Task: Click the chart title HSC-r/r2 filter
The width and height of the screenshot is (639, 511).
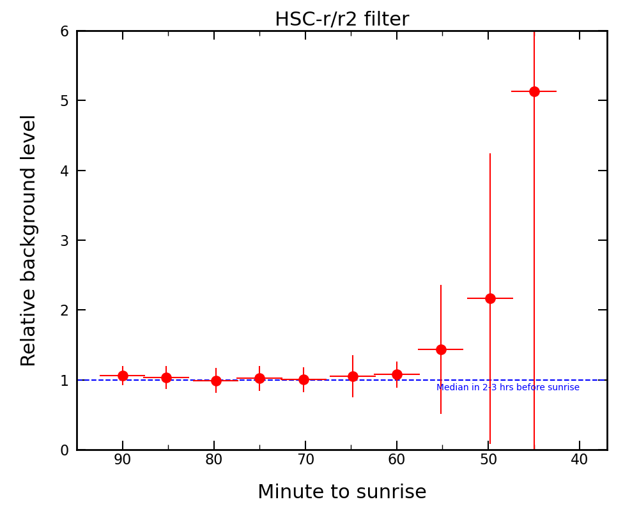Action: click(342, 20)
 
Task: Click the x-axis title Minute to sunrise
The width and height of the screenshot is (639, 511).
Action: click(342, 492)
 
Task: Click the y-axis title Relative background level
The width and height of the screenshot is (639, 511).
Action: click(29, 240)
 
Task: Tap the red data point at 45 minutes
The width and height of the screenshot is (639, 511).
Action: click(534, 91)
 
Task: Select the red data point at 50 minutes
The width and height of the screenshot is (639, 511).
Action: click(490, 298)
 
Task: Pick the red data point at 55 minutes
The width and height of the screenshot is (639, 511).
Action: click(441, 349)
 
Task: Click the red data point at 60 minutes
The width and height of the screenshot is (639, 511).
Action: click(397, 374)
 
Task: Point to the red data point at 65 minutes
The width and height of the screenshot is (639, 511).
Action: click(353, 376)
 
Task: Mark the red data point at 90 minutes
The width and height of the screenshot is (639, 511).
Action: click(123, 376)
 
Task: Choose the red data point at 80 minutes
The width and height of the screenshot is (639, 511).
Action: click(216, 381)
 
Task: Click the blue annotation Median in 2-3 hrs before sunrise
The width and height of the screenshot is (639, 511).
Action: click(508, 388)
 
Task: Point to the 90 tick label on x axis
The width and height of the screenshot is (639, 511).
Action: click(123, 460)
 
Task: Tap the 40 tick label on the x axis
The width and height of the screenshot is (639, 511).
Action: click(580, 460)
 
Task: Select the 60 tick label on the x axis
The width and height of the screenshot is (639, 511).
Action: click(397, 460)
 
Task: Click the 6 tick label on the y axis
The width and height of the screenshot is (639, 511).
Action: click(65, 31)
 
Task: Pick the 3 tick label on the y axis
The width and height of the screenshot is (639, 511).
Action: click(65, 241)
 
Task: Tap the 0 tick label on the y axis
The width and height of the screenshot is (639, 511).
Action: click(65, 450)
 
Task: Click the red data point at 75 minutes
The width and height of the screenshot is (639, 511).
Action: click(259, 378)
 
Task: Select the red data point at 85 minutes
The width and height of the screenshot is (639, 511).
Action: click(166, 378)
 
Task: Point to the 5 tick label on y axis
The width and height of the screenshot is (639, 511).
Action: click(65, 101)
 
